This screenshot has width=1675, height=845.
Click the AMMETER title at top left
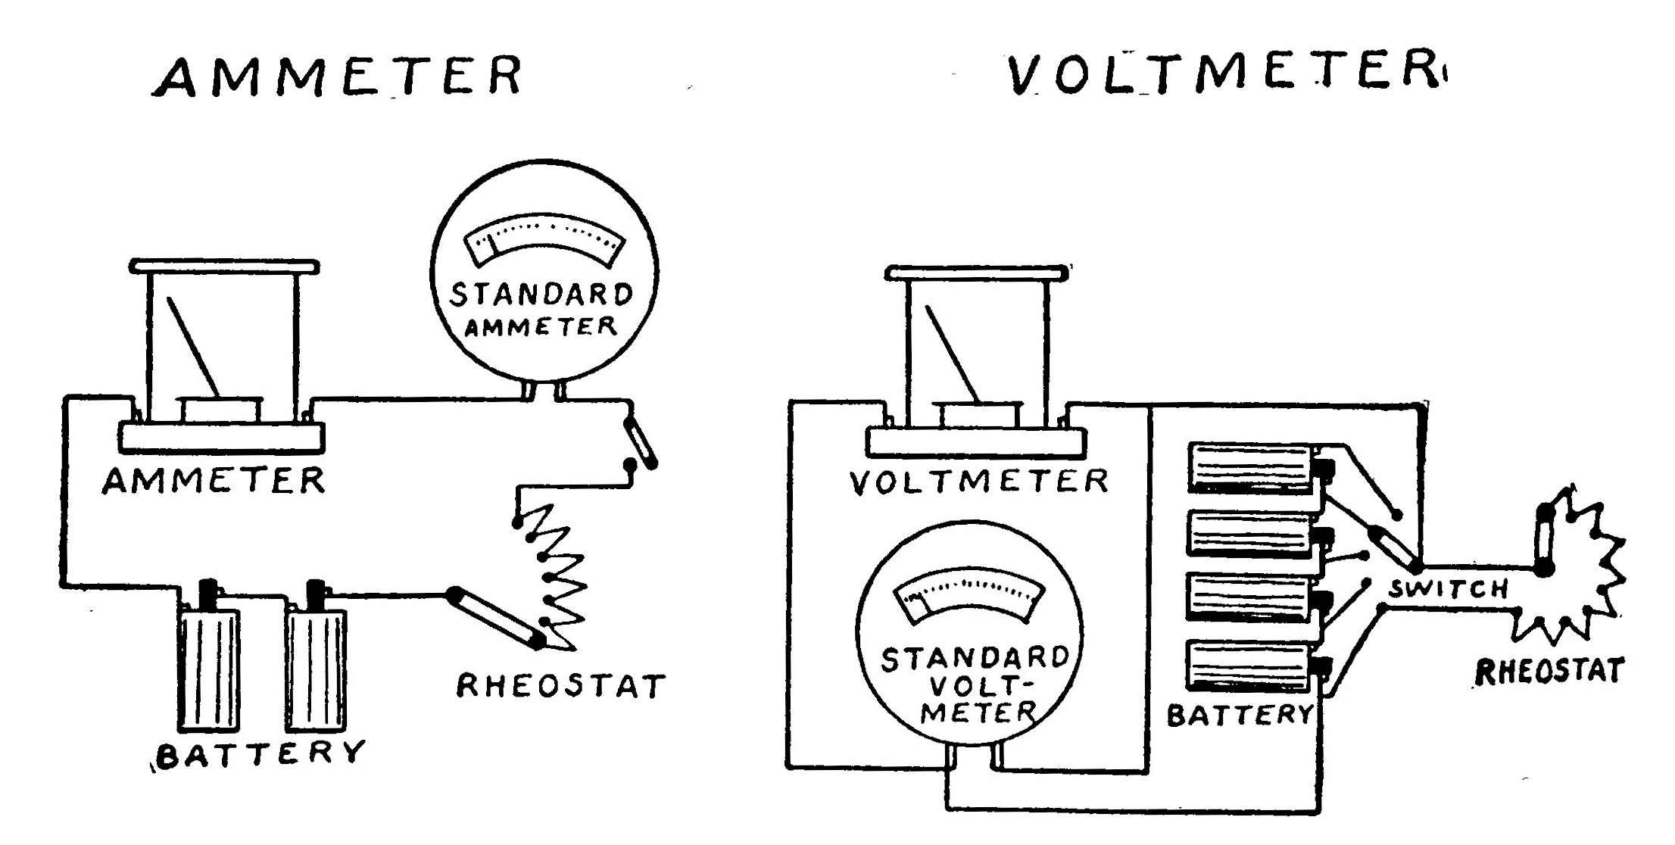(338, 76)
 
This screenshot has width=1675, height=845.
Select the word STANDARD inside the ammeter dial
(541, 295)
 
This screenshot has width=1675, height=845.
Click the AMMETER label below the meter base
(214, 481)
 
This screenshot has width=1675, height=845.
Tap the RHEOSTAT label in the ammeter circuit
(561, 686)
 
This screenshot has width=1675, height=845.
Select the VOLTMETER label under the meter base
(979, 482)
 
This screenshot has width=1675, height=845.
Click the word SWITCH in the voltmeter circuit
(1448, 589)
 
